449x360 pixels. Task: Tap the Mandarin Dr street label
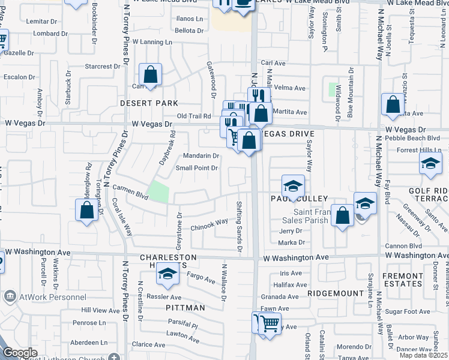[x=201, y=156]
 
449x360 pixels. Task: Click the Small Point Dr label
[x=196, y=168]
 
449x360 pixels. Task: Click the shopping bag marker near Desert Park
[x=150, y=76]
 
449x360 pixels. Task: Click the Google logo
[x=20, y=352]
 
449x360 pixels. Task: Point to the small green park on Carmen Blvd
[x=158, y=191]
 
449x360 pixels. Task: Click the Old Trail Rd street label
[x=194, y=116]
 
